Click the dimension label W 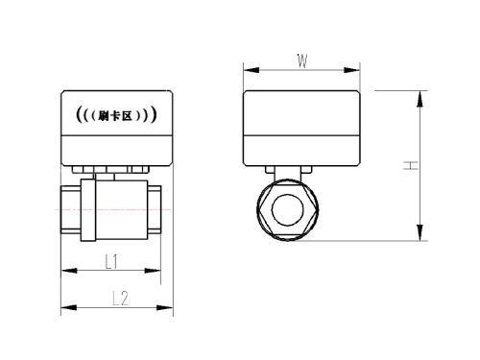[x=302, y=60]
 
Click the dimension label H [x=411, y=165]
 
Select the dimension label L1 [x=111, y=262]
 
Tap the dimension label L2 [x=120, y=299]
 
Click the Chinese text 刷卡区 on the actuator [x=116, y=116]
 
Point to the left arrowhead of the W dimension [x=252, y=70]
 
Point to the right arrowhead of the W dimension [x=351, y=70]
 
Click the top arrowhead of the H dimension [x=420, y=99]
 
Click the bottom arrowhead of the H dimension [x=420, y=232]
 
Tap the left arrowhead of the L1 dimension [x=69, y=271]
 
